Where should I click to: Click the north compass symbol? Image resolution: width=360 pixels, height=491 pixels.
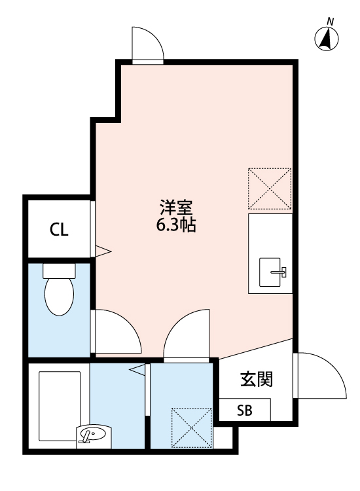tap(328, 39)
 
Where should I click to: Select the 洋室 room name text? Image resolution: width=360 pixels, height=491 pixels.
tap(176, 208)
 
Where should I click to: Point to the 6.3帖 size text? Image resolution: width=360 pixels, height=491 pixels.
tap(176, 227)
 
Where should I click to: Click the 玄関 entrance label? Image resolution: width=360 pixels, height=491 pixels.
tap(256, 379)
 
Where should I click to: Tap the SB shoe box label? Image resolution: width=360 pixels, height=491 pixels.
tap(244, 411)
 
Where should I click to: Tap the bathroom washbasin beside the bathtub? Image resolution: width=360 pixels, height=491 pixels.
tap(94, 435)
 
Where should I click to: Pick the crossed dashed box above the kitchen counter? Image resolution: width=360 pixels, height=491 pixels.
tap(270, 189)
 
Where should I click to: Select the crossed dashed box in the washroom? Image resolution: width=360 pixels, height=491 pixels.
tap(192, 427)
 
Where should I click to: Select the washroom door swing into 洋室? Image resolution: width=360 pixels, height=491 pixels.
tap(187, 333)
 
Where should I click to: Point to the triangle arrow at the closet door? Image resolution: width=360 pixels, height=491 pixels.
tap(103, 250)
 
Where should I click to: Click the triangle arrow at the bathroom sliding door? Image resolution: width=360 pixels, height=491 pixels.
tap(137, 371)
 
